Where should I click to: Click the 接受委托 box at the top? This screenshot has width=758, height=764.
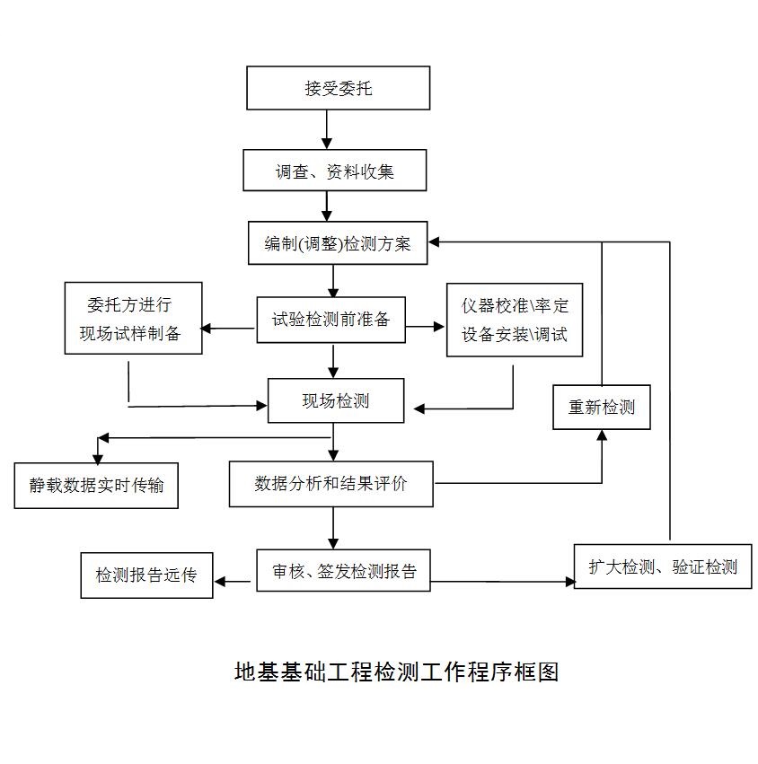pos(338,88)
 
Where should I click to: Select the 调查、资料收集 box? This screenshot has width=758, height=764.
pos(334,170)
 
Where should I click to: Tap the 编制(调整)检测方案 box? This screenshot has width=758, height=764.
pos(338,243)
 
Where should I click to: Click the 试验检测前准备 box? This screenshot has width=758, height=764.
pos(331,320)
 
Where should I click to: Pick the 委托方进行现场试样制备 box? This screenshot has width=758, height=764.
pos(133,318)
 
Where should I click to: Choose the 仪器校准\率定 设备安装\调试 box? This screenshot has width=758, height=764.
pos(515,319)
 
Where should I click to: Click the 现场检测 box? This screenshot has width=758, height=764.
pos(335,400)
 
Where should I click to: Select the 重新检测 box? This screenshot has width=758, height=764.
pos(601,407)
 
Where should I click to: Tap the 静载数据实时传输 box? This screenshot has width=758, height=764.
pos(96,486)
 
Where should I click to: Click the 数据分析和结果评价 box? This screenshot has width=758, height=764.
pos(331,484)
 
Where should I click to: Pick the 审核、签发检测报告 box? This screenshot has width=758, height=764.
pos(343,570)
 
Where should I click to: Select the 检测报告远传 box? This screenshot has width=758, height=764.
pos(146,575)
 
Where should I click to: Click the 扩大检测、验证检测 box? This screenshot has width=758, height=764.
pos(663,566)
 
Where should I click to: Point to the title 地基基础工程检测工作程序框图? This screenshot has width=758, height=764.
pos(396,672)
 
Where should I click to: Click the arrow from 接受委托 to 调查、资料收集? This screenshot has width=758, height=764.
pos(327,129)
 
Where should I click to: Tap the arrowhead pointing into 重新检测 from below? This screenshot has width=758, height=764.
pos(602,435)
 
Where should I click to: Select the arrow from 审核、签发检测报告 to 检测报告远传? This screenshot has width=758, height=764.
pos(234,582)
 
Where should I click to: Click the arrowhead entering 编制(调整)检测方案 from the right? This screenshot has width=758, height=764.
pos(435,242)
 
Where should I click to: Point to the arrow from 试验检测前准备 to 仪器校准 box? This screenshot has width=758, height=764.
pos(426,328)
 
